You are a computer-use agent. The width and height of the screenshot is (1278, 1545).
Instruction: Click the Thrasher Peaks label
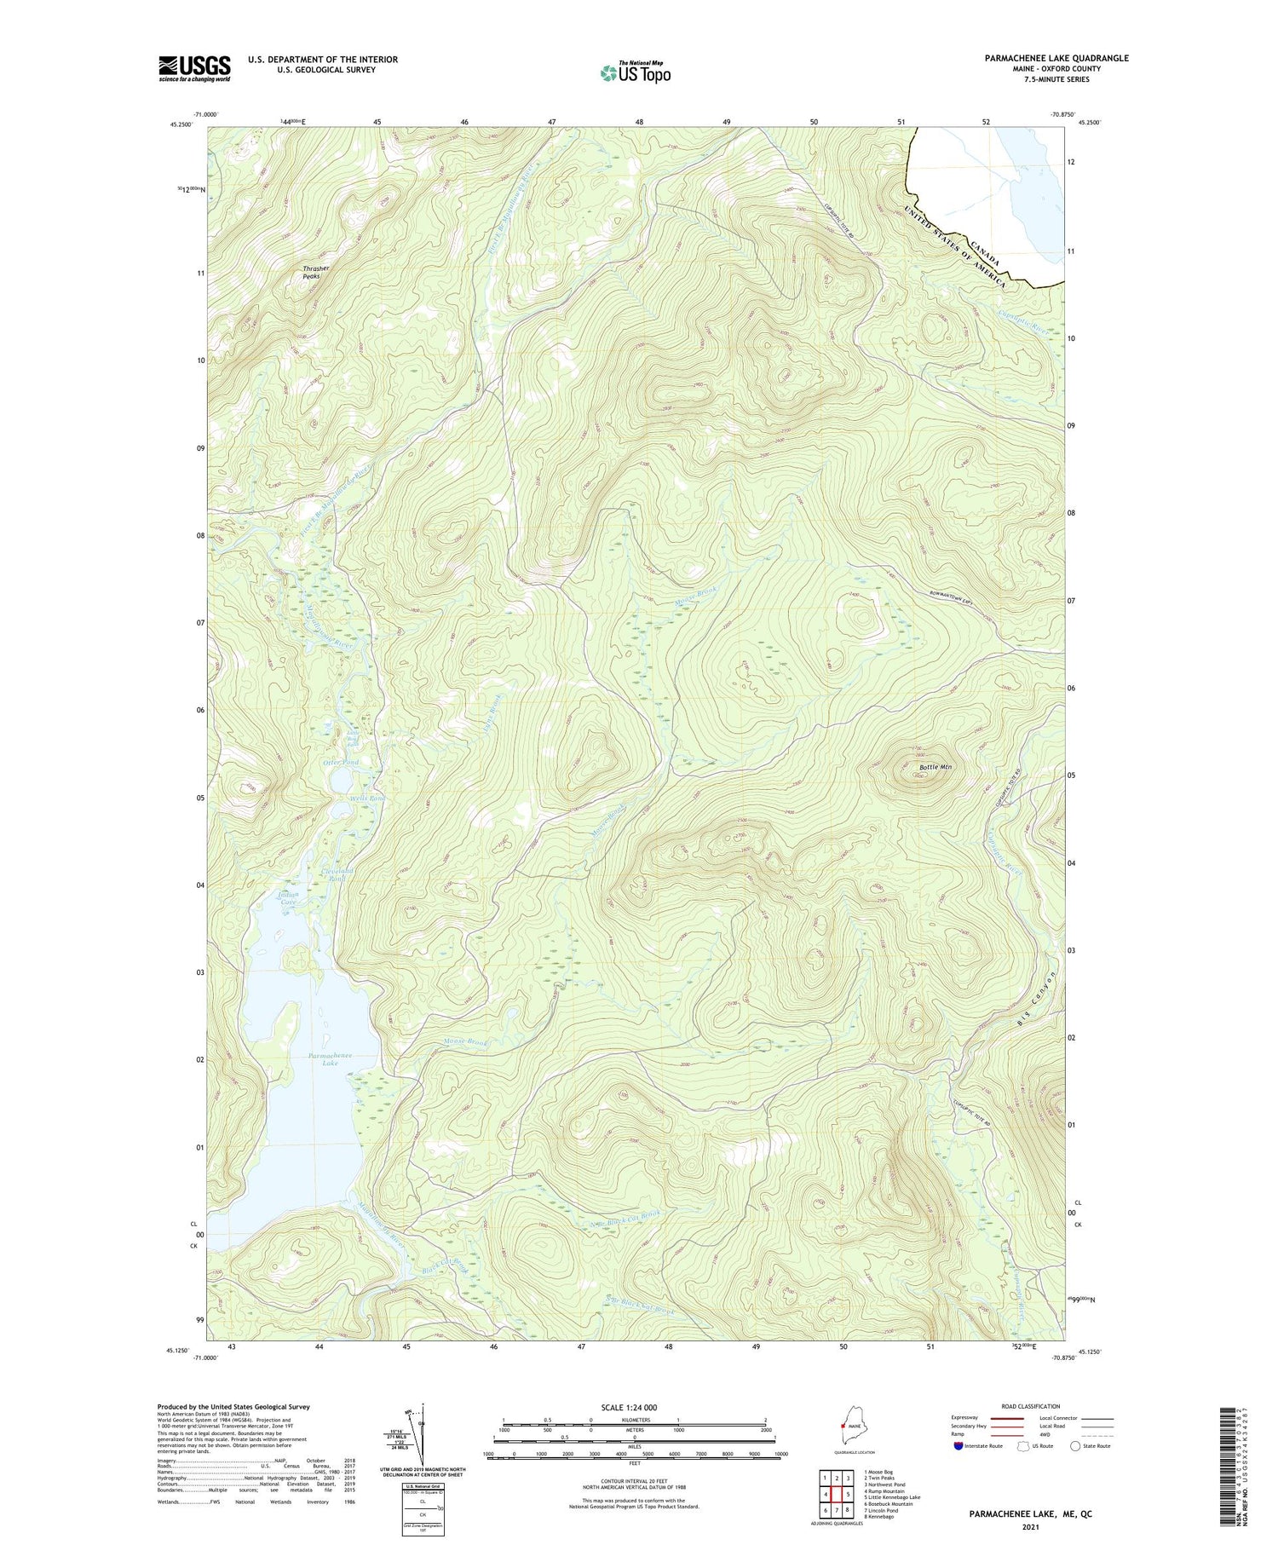[x=315, y=272]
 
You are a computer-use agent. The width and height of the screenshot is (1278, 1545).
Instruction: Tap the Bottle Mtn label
[x=935, y=767]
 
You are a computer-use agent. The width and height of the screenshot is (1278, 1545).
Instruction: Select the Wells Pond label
[x=367, y=798]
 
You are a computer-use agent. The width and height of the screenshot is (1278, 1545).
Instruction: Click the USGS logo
[x=194, y=68]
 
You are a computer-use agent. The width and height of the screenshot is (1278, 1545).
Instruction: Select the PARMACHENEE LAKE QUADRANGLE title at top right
[x=1056, y=58]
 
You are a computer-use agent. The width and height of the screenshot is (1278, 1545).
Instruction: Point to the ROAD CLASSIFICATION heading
[x=1031, y=1406]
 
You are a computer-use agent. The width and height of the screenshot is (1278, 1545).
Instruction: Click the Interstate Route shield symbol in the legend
[x=958, y=1445]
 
